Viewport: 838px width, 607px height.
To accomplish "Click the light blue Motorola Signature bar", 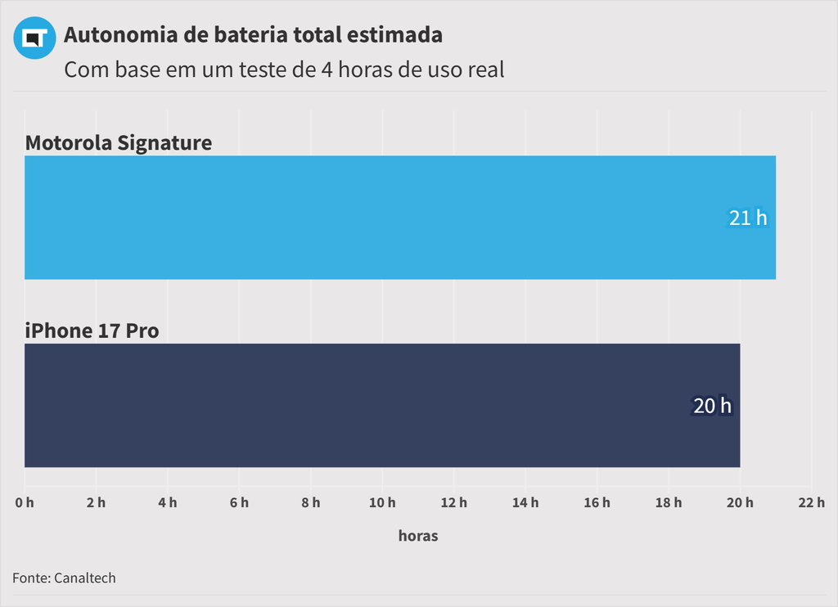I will pos(400,218).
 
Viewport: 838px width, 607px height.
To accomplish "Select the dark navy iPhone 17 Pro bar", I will pos(382,406).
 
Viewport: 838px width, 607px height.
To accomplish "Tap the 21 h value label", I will pos(748,218).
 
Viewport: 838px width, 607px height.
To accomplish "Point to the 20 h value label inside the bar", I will pos(712,406).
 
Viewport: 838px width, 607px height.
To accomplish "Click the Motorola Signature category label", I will pos(119,143).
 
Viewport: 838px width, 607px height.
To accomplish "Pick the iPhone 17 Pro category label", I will pos(92,331).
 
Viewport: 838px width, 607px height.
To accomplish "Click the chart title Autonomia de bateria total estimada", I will pos(253,35).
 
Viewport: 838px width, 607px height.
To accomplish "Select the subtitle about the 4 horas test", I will pos(284,70).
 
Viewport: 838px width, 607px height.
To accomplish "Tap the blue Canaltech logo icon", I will pos(34,38).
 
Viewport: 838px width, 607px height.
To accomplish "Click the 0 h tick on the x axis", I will pos(25,502).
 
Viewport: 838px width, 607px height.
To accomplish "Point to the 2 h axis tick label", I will pos(96,502).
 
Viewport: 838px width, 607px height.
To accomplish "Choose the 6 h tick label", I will pos(239,502).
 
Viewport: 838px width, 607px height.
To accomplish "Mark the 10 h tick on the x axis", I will pos(382,502).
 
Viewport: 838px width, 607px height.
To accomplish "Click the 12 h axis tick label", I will pos(453,502).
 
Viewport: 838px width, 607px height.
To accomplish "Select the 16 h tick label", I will pos(597,502).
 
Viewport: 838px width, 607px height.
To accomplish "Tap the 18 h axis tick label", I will pos(669,502).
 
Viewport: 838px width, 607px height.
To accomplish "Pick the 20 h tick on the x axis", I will pos(740,502).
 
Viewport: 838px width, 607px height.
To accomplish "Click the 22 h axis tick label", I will pos(811,502).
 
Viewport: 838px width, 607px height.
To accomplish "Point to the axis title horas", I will pos(418,537).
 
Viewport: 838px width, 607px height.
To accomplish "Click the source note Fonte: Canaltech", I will pos(64,578).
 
